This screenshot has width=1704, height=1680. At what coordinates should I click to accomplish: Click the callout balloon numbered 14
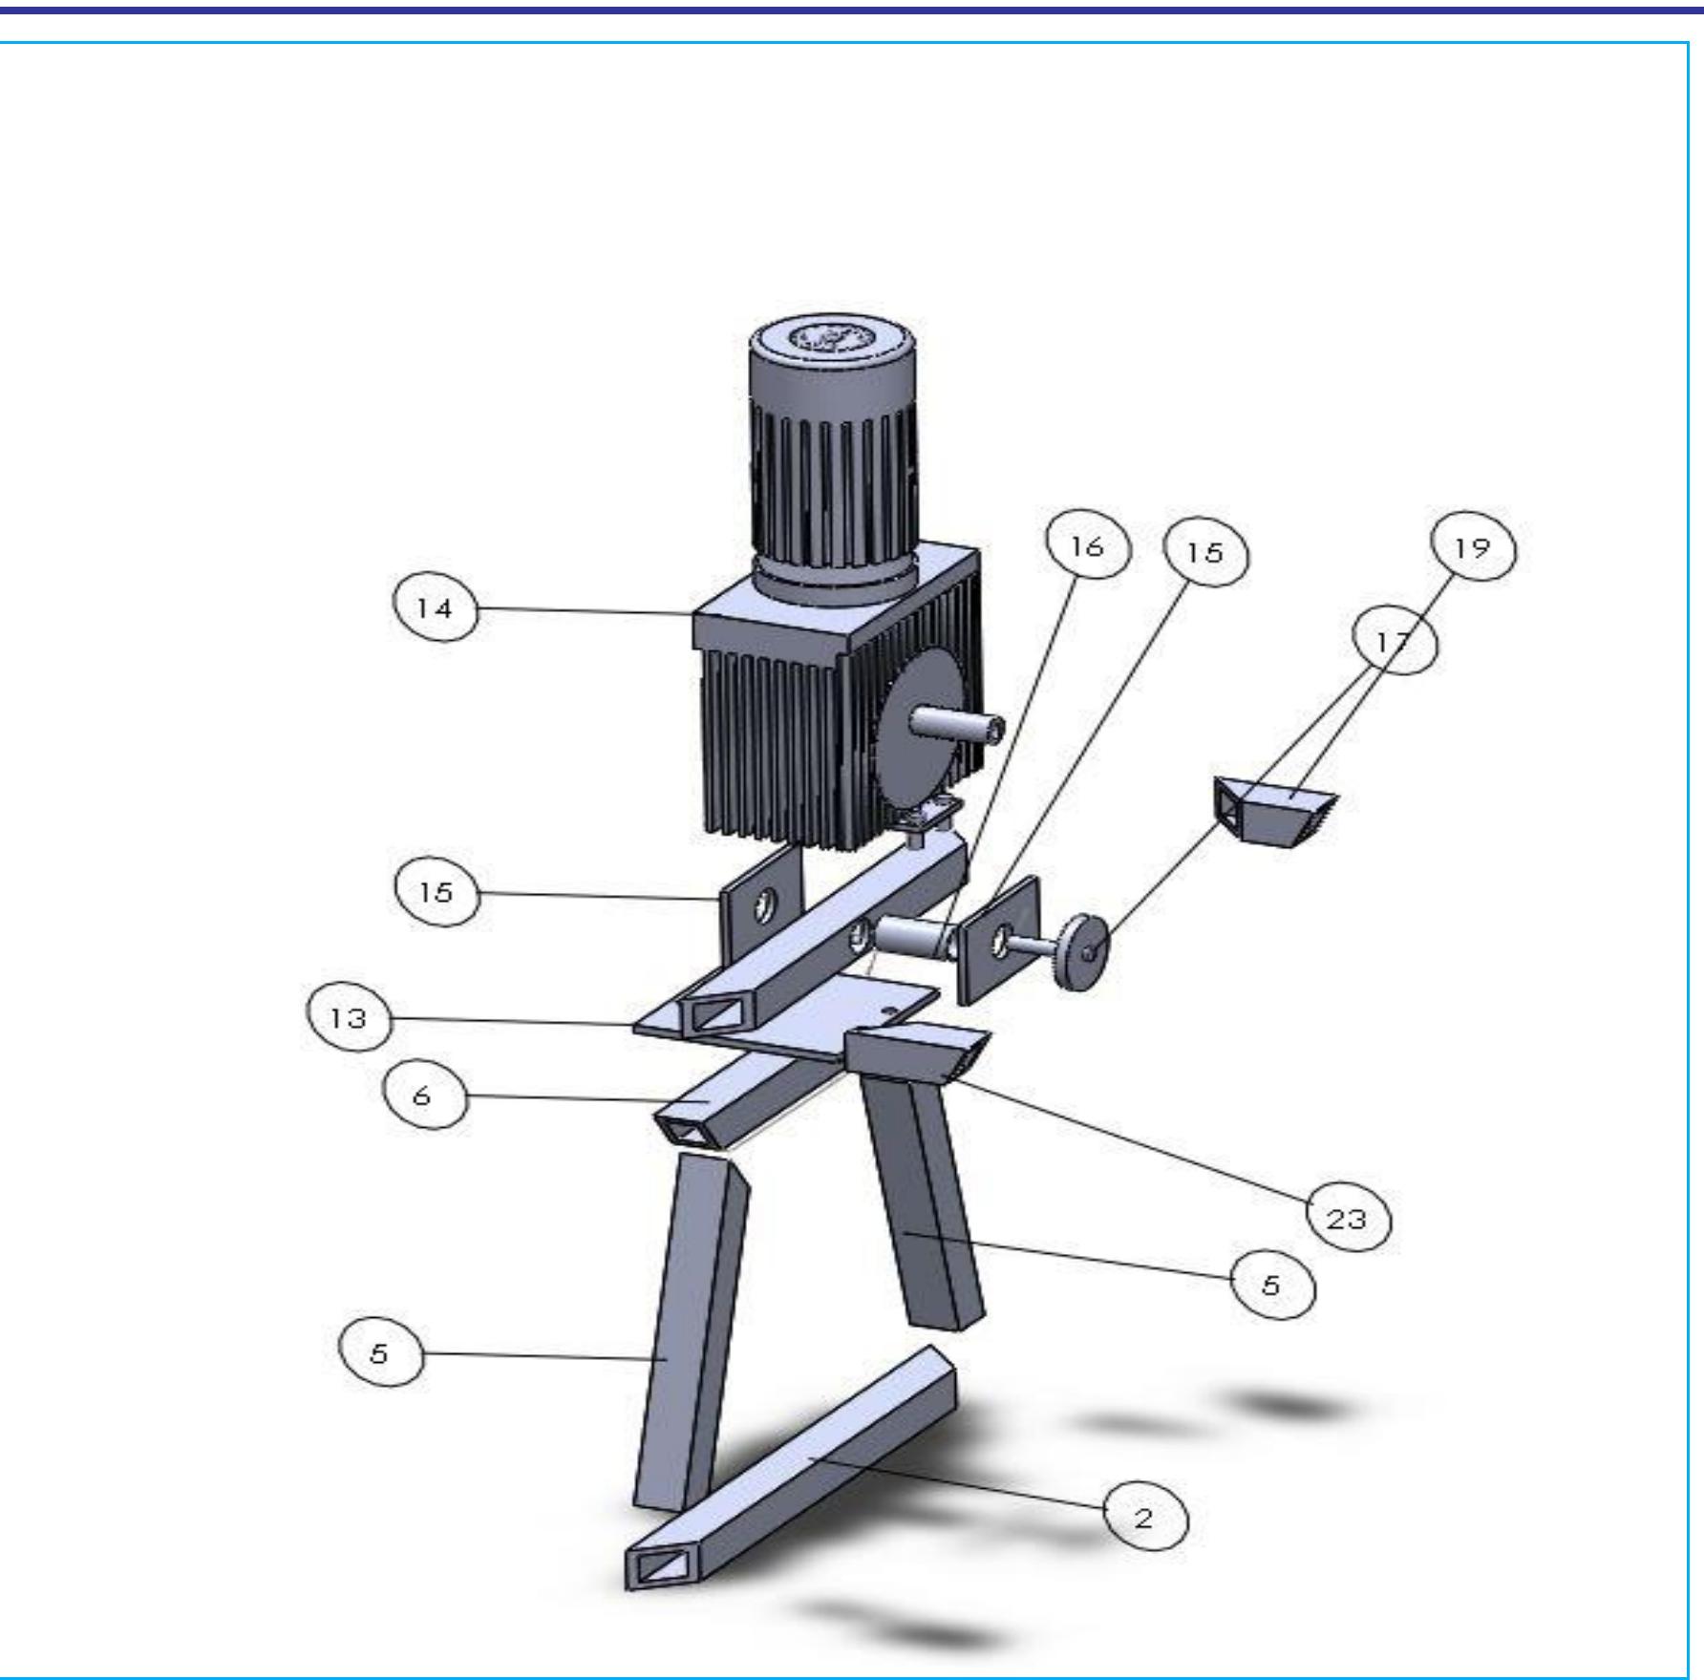point(435,607)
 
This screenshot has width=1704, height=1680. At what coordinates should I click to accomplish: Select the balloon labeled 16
point(1088,547)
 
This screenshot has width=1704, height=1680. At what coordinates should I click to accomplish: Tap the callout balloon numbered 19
point(1472,548)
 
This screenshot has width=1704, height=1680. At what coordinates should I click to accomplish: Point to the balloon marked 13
point(349,1018)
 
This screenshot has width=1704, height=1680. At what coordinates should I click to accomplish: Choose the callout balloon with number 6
point(424,1095)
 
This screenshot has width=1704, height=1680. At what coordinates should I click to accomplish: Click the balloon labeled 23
point(1348,1219)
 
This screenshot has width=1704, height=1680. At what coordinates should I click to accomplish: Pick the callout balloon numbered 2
point(1145,1518)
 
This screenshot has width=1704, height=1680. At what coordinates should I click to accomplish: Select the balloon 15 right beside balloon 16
point(1205,553)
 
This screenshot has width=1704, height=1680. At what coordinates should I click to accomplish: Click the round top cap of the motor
point(833,339)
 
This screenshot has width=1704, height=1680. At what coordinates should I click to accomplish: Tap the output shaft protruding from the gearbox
point(965,727)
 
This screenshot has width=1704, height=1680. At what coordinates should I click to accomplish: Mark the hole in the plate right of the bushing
point(1000,941)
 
